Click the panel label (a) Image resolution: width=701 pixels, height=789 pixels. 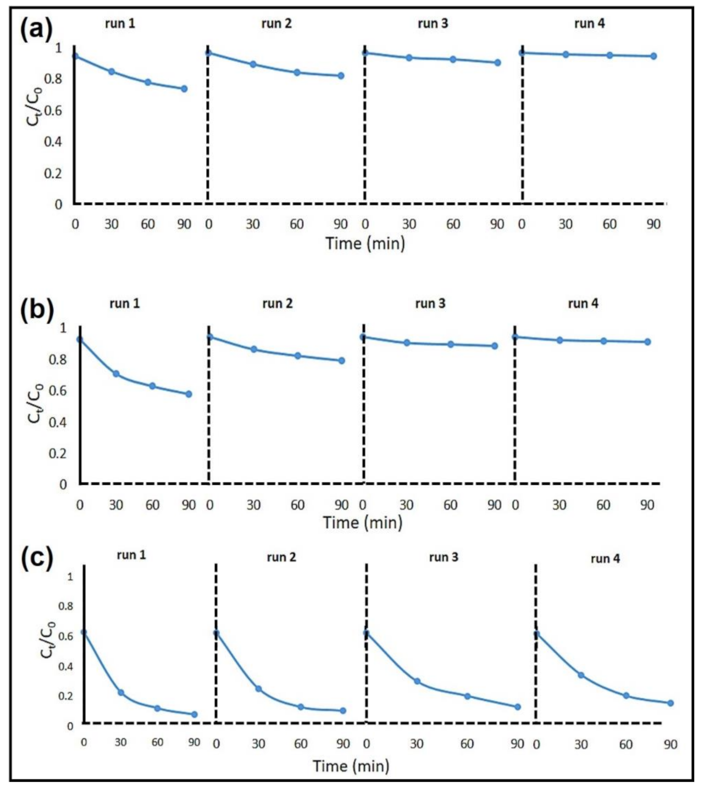tap(36, 30)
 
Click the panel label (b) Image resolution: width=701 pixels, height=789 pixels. tap(36, 310)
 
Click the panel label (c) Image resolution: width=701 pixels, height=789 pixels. tap(36, 559)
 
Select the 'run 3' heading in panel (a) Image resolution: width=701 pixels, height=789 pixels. tap(432, 23)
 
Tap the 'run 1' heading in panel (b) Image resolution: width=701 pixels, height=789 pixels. tap(125, 303)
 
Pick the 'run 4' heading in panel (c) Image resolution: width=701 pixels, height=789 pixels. tap(605, 559)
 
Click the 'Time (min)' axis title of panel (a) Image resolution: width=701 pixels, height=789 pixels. tap(365, 243)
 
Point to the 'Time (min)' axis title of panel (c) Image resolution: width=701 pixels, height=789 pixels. tap(351, 766)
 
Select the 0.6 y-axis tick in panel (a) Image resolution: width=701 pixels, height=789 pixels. tap(53, 111)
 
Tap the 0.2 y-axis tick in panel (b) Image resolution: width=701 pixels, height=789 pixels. tap(58, 453)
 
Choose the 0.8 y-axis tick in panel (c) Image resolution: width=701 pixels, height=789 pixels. tap(66, 606)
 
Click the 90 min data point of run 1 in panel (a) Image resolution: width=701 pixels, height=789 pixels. tap(184, 89)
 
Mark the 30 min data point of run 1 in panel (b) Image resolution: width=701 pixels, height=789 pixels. tap(116, 374)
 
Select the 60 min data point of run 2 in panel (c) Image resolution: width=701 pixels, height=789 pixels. tap(301, 707)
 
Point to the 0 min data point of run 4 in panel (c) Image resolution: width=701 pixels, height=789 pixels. tap(537, 634)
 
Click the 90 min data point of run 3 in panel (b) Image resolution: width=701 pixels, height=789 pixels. tap(494, 346)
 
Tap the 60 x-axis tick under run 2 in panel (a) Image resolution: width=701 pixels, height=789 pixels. tap(297, 224)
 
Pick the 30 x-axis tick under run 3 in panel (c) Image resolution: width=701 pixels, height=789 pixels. tap(417, 744)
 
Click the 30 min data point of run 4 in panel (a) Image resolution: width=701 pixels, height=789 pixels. tap(566, 55)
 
